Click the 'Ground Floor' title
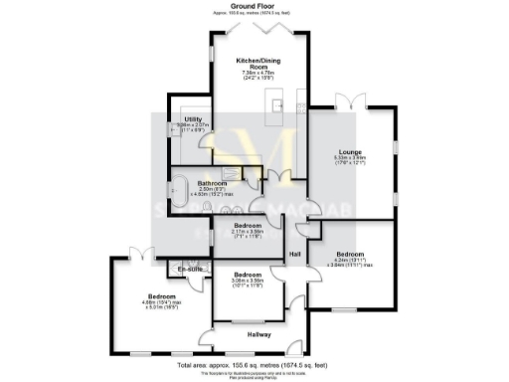click(x=254, y=5)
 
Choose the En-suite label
click(x=191, y=270)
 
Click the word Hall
click(x=295, y=254)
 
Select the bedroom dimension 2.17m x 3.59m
click(x=248, y=233)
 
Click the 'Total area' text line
click(x=254, y=366)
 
